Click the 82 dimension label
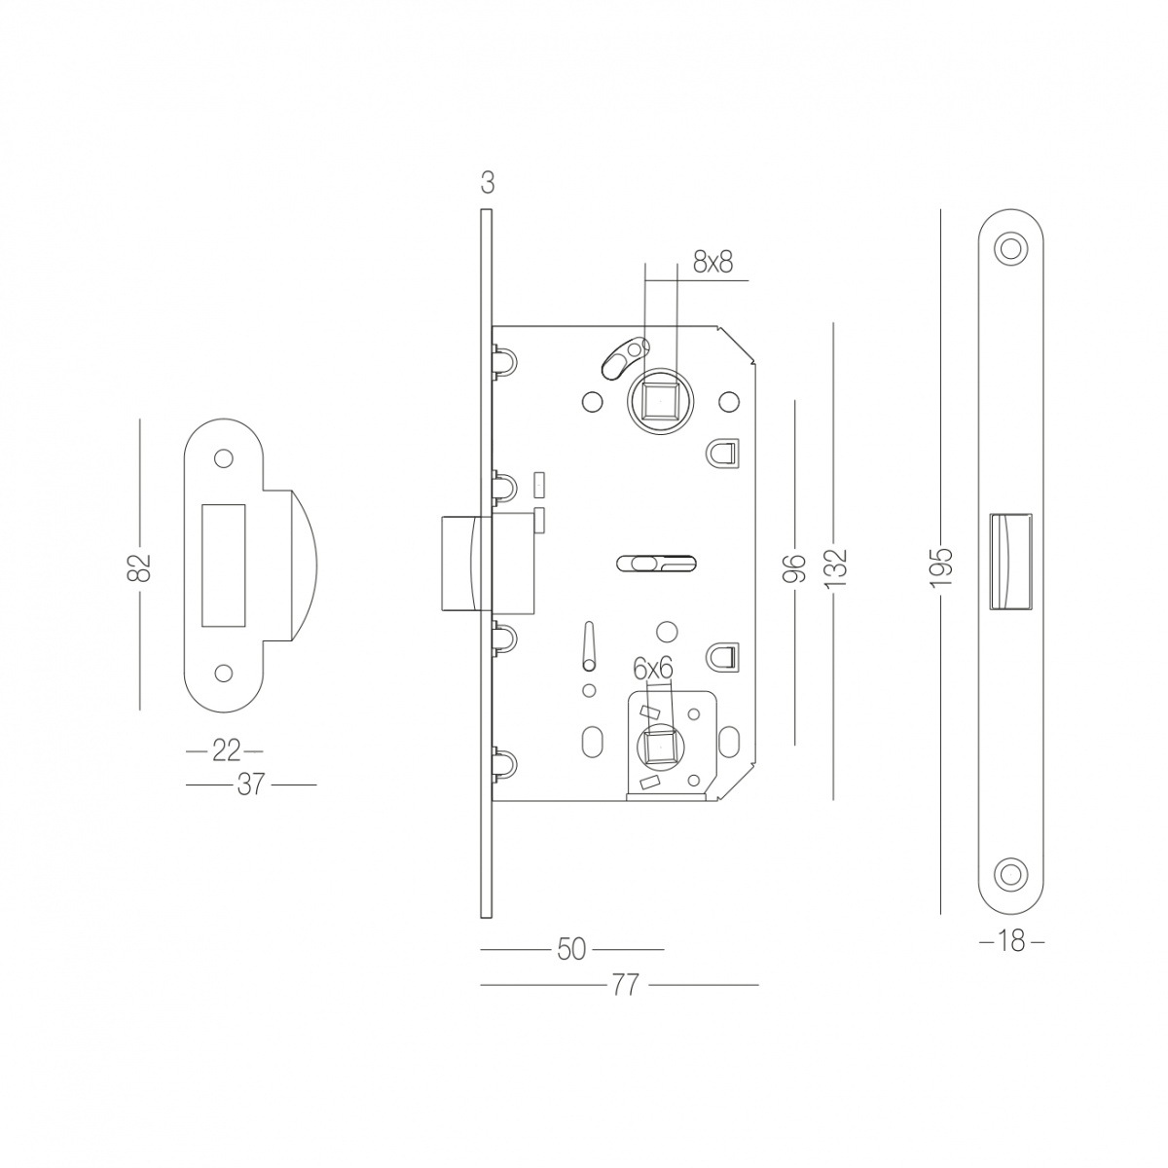(x=139, y=567)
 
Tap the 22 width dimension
(x=227, y=751)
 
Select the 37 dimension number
(x=251, y=785)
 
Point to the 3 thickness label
(x=488, y=183)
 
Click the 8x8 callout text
(x=712, y=263)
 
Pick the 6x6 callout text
(x=653, y=669)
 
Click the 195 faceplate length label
(x=942, y=567)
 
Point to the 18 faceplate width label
(x=1011, y=941)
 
